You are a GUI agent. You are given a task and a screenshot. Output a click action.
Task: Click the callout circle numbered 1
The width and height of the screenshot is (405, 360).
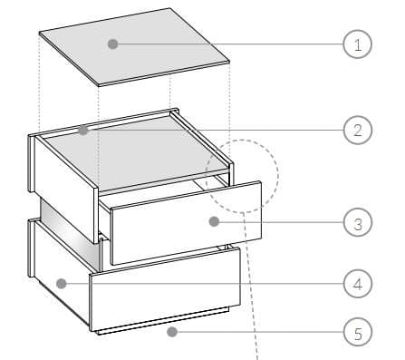pos(358,44)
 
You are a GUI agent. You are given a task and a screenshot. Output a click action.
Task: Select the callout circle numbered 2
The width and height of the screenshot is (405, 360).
pos(358,131)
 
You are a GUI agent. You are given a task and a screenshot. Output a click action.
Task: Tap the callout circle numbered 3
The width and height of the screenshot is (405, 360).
pos(358,220)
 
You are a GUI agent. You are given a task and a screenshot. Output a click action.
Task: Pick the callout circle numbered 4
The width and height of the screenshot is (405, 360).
pos(358,284)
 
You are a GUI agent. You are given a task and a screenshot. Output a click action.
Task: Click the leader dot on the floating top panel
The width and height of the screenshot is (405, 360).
pos(113,43)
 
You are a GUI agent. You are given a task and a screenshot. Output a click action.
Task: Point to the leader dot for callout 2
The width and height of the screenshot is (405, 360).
pos(82,131)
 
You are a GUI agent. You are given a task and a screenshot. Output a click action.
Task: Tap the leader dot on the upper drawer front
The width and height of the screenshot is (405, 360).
pos(214,220)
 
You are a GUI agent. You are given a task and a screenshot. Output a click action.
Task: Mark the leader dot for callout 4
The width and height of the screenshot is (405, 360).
pos(60,284)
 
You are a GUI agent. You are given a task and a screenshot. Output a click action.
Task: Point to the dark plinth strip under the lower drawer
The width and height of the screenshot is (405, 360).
pos(163,324)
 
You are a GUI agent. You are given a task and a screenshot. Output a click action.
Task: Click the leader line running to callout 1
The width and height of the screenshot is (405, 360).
pos(227,44)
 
